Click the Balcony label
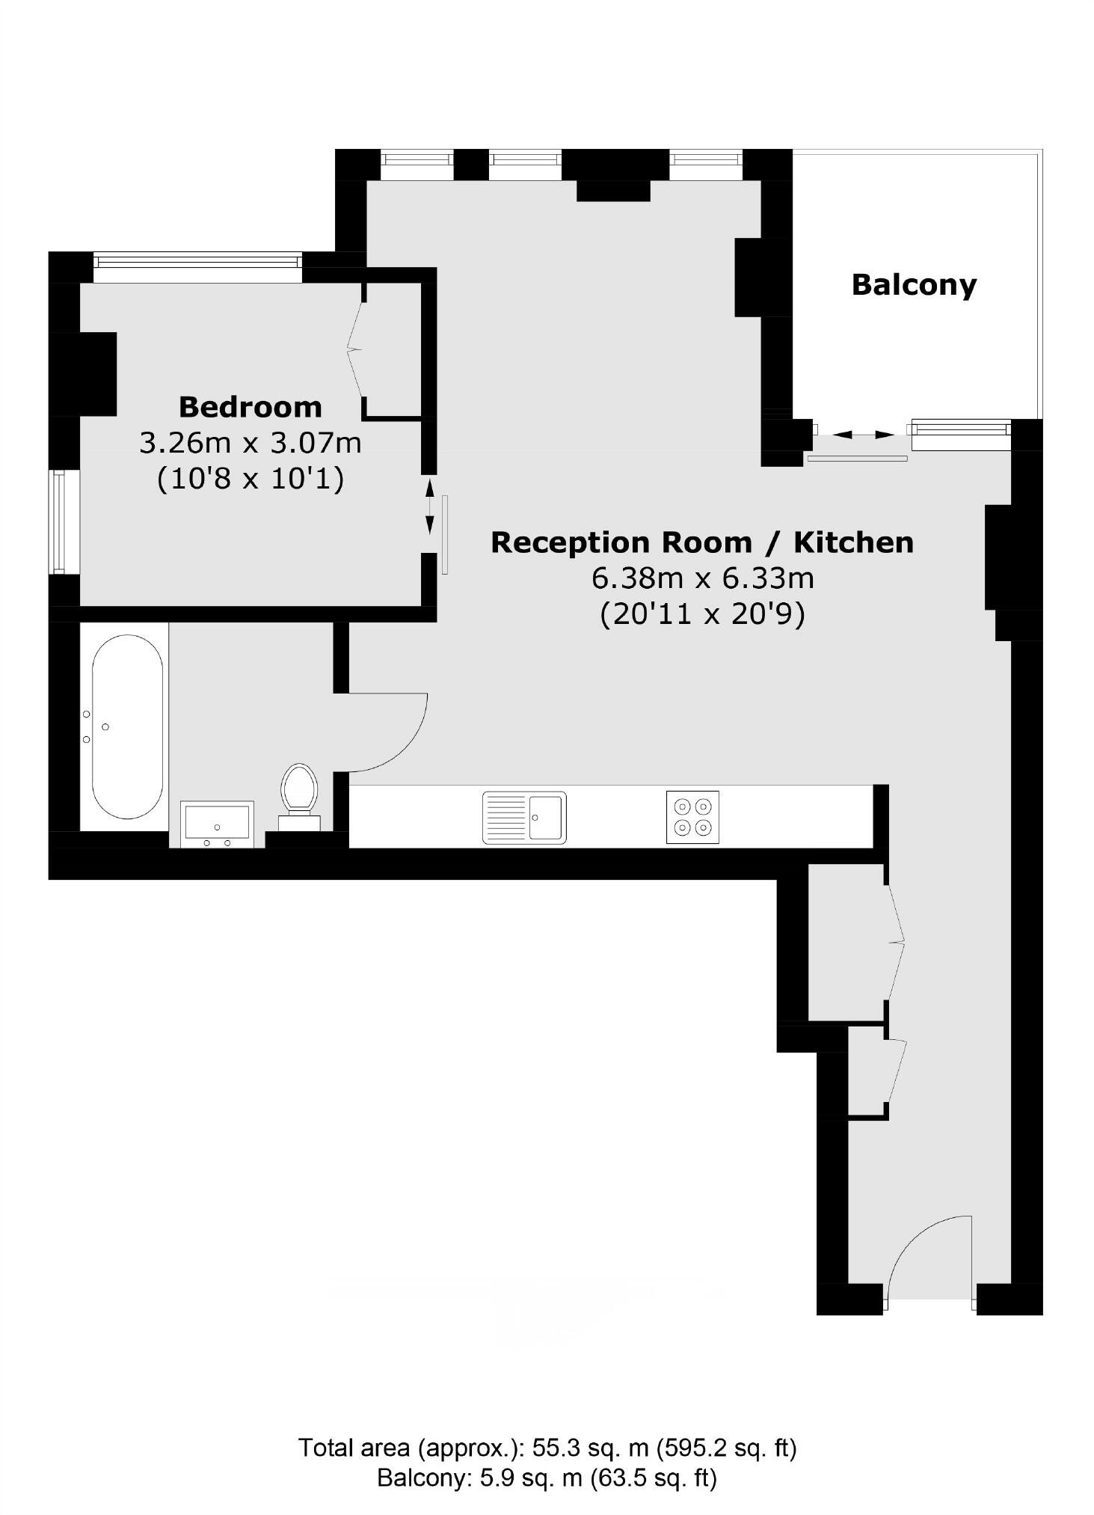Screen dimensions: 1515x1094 [914, 285]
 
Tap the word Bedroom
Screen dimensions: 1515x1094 [251, 407]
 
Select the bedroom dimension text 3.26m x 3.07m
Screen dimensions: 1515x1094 [251, 443]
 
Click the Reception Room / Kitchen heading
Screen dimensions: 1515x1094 [701, 542]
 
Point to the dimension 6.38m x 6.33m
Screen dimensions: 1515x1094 [701, 578]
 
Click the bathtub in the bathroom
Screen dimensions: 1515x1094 [127, 726]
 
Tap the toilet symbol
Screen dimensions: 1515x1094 [299, 792]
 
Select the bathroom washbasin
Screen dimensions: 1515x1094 [217, 824]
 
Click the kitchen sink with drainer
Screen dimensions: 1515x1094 [524, 817]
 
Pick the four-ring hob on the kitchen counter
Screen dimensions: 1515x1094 [692, 817]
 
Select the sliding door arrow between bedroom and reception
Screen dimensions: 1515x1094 [429, 507]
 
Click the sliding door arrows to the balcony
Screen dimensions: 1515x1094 [863, 435]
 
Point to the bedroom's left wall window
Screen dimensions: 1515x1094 [65, 521]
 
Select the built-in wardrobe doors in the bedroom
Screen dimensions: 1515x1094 [356, 349]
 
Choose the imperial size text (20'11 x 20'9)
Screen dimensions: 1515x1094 [701, 614]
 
